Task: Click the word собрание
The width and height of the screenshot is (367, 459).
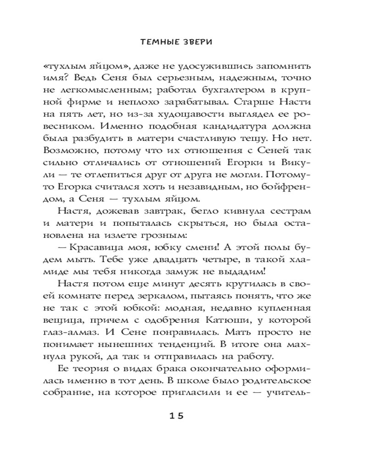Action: coord(76,393)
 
